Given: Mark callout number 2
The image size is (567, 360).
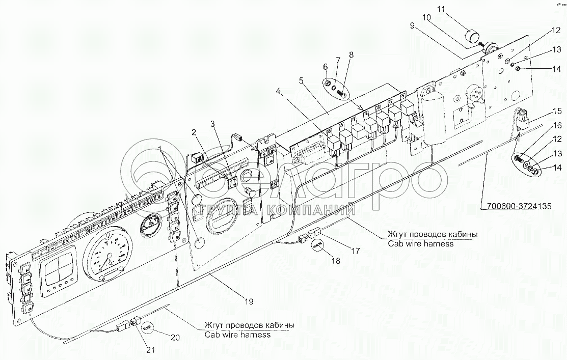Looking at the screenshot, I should (194, 133).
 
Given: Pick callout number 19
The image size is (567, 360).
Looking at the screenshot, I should (248, 301).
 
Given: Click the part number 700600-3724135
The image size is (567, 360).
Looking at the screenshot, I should (516, 206).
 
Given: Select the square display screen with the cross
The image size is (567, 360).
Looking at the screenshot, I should (59, 269).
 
